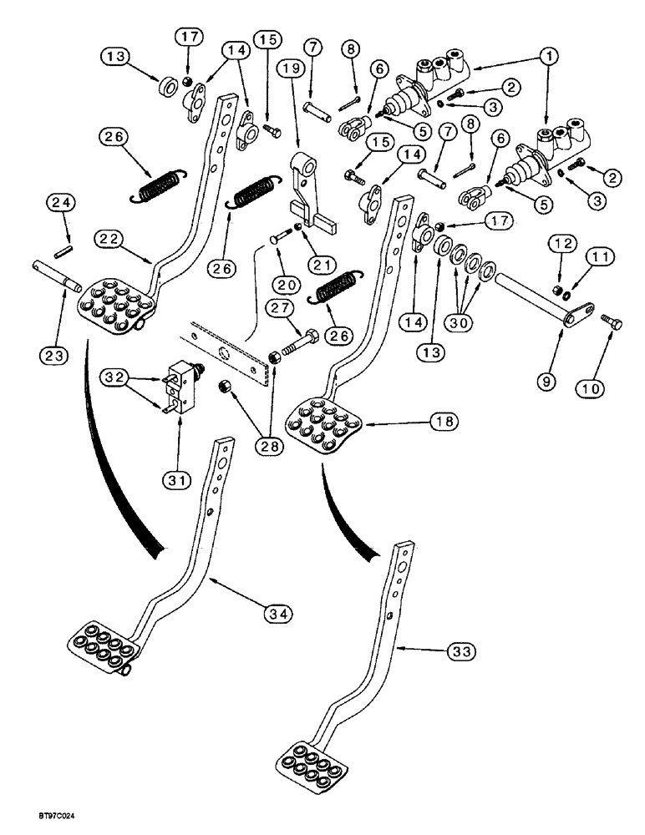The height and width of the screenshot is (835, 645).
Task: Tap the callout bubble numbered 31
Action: click(180, 480)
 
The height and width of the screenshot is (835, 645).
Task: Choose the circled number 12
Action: click(560, 244)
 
